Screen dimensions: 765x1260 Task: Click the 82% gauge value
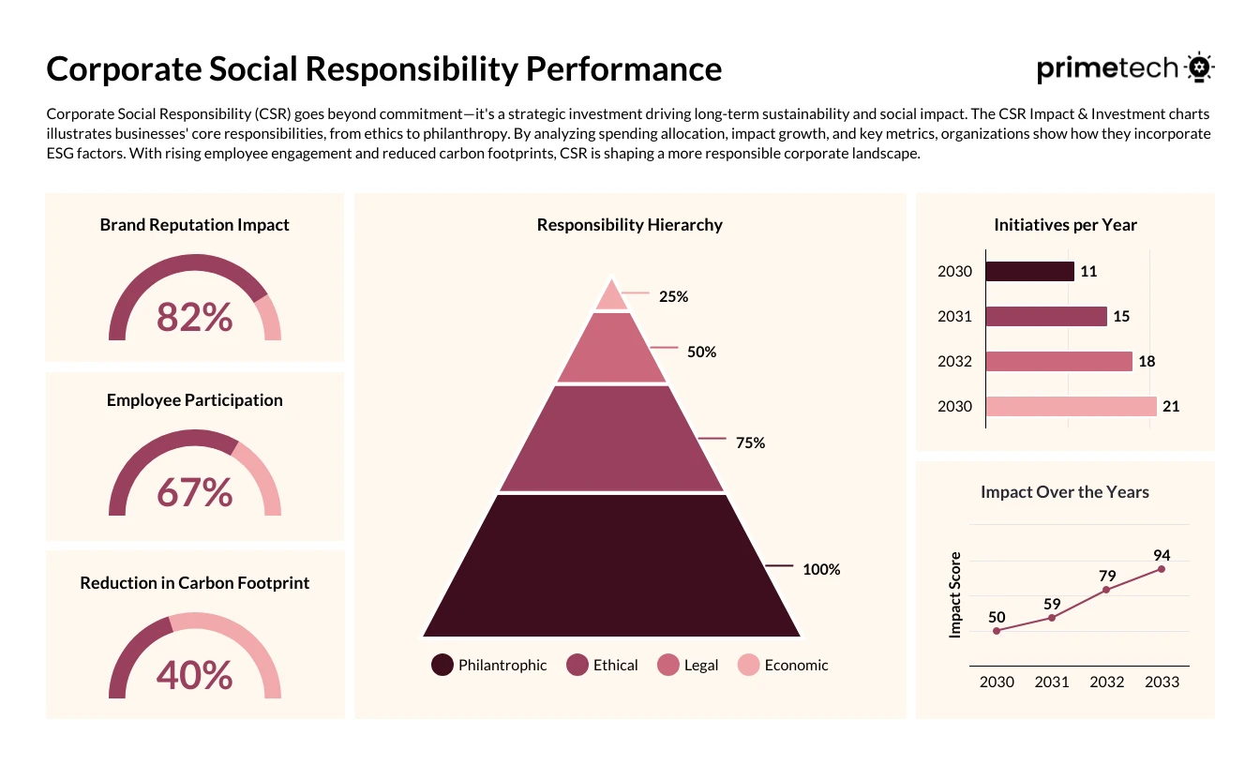[x=194, y=317]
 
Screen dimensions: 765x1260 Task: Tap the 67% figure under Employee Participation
[x=194, y=492]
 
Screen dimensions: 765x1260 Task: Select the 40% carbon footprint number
[x=194, y=674]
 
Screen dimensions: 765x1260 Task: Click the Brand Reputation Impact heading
[x=194, y=225]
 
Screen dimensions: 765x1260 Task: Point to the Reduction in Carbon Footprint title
[x=194, y=582]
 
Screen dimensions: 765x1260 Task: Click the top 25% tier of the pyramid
[x=612, y=296]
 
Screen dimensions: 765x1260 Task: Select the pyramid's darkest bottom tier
[x=612, y=567]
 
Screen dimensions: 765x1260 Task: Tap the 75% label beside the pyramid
[x=750, y=442]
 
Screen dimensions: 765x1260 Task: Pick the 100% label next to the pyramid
[x=821, y=569]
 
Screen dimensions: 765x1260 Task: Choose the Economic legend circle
[x=749, y=665]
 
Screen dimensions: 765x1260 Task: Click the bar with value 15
[x=1046, y=316]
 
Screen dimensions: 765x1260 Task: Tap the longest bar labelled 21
[x=1071, y=406]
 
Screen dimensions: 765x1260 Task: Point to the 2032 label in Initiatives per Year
[x=954, y=362]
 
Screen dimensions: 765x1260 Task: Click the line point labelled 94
[x=1162, y=568]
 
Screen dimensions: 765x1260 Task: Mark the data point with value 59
[x=1052, y=617]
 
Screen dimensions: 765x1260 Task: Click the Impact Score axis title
[x=955, y=595]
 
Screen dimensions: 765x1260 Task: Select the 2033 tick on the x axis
[x=1162, y=682]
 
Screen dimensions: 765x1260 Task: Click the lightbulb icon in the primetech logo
[x=1199, y=68]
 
